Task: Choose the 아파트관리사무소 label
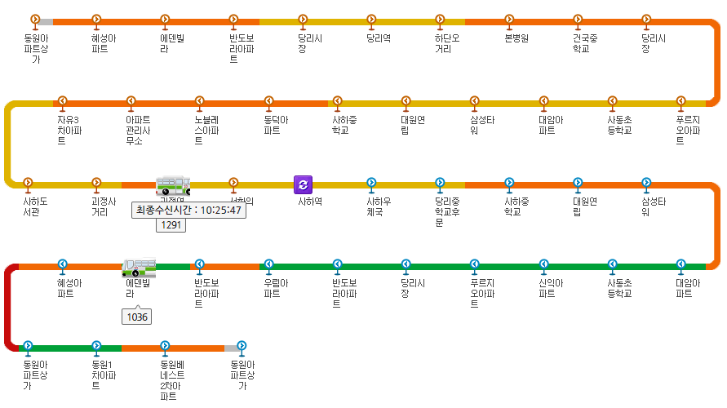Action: (138, 130)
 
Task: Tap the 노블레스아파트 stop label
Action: (206, 130)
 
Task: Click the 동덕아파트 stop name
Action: (275, 125)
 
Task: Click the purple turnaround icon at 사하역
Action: (304, 184)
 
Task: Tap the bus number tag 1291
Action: (171, 224)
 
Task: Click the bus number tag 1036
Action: (137, 317)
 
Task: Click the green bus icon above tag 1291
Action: (173, 185)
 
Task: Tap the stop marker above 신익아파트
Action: (543, 264)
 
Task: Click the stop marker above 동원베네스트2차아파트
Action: (165, 345)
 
